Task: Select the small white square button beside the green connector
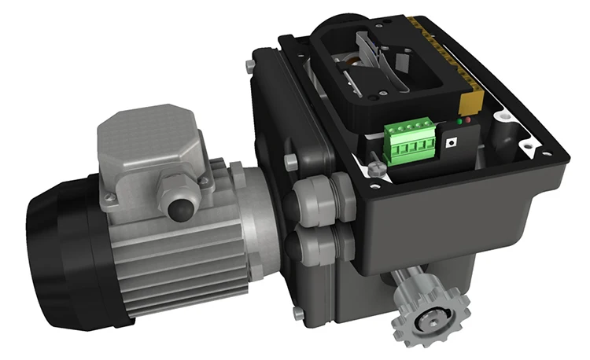click(x=451, y=144)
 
